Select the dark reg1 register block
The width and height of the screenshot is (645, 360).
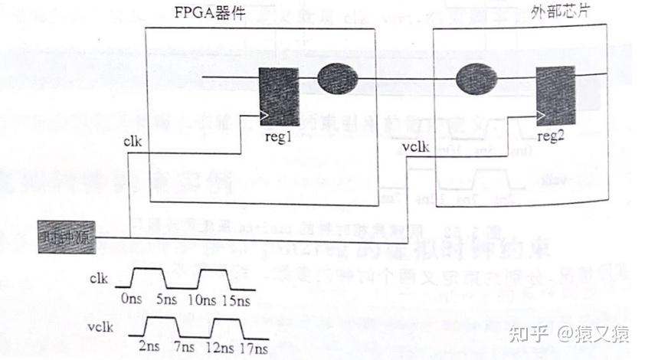tap(277, 96)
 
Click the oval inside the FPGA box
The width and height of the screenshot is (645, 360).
tap(338, 78)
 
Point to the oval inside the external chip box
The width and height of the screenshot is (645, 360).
tap(476, 80)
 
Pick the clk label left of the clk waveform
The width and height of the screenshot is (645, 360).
tap(100, 280)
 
